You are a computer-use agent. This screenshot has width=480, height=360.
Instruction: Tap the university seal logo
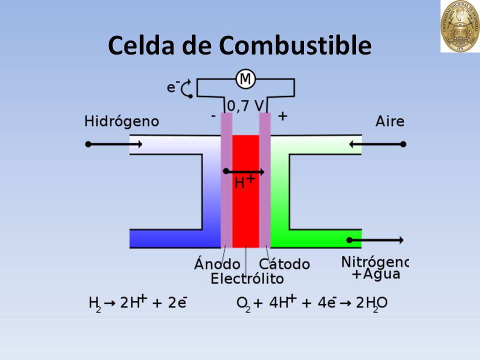[x=459, y=26]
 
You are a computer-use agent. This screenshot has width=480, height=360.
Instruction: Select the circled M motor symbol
[x=245, y=79]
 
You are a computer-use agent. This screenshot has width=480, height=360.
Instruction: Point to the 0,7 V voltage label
[x=245, y=105]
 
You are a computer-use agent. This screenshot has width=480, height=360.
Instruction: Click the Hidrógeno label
[x=121, y=121]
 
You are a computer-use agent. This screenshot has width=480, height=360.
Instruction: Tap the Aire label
[x=390, y=121]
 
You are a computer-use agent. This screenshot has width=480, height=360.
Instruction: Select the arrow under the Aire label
[x=377, y=144]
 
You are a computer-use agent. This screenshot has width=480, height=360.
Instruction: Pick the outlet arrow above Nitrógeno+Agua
[x=375, y=240]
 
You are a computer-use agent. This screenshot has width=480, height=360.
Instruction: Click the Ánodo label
[x=217, y=263]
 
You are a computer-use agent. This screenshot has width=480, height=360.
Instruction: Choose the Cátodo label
[x=284, y=263]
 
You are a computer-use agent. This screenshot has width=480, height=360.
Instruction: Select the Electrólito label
[x=247, y=278]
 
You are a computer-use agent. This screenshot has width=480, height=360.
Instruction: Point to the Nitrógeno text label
[x=375, y=261]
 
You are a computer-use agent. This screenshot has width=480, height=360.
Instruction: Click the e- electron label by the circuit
[x=173, y=87]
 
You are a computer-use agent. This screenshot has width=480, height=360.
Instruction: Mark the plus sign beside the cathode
[x=282, y=116]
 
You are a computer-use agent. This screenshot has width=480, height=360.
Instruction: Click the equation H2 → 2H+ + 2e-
[x=137, y=302]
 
